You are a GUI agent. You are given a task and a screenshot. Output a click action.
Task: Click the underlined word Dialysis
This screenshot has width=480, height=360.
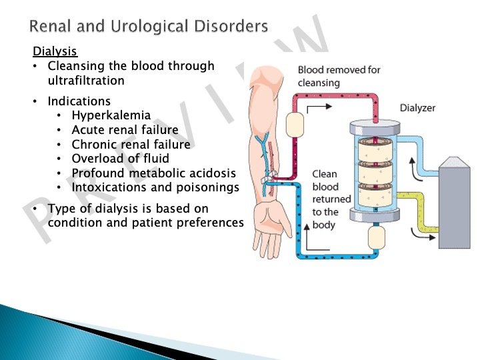55,51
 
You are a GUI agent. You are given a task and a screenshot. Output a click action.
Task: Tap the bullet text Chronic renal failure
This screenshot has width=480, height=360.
131,145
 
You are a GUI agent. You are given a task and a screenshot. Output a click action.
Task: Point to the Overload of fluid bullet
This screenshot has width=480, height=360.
120,159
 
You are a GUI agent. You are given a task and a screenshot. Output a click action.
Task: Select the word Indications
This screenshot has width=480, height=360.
79,101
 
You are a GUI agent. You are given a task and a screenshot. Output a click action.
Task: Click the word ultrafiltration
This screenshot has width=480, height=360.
86,80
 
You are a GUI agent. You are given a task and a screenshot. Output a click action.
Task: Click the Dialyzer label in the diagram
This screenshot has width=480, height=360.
417,107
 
